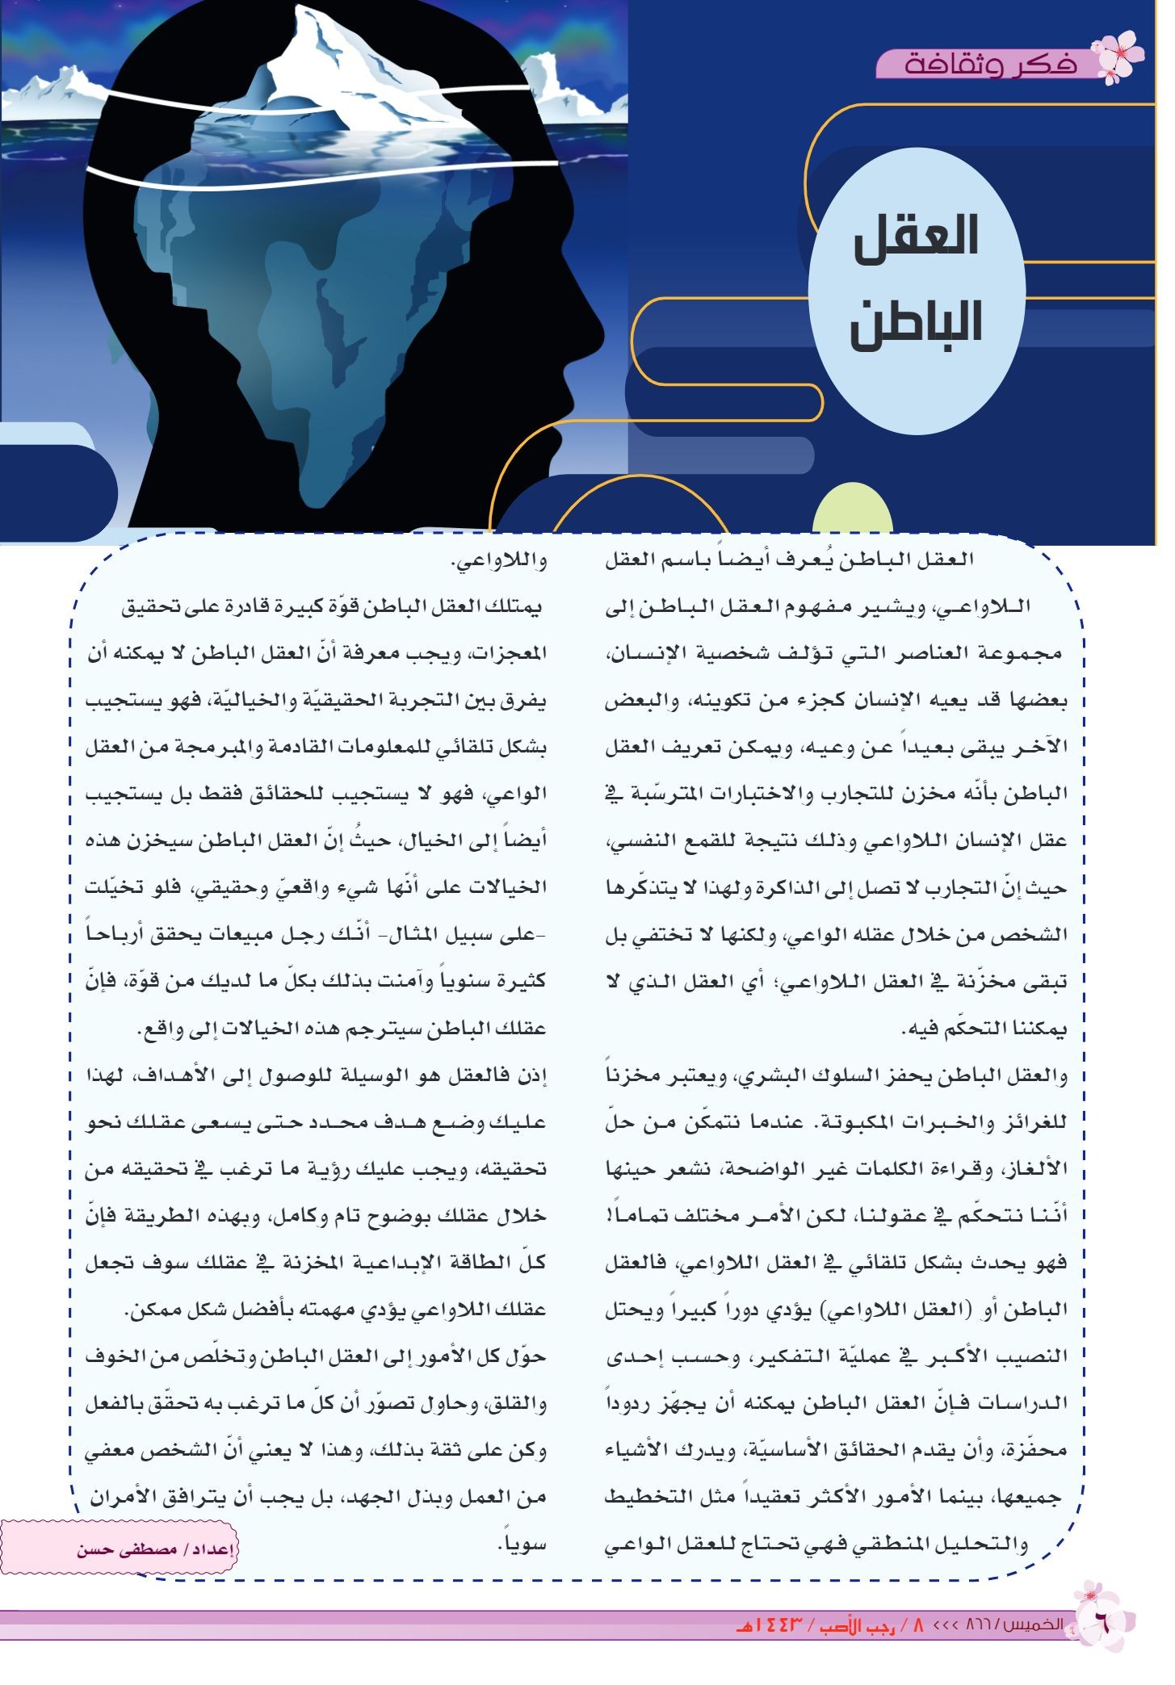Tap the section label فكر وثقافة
[x=990, y=64]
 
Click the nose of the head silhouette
[x=594, y=319]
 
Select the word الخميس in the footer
[x=1037, y=1625]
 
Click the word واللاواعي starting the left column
[x=497, y=561]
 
